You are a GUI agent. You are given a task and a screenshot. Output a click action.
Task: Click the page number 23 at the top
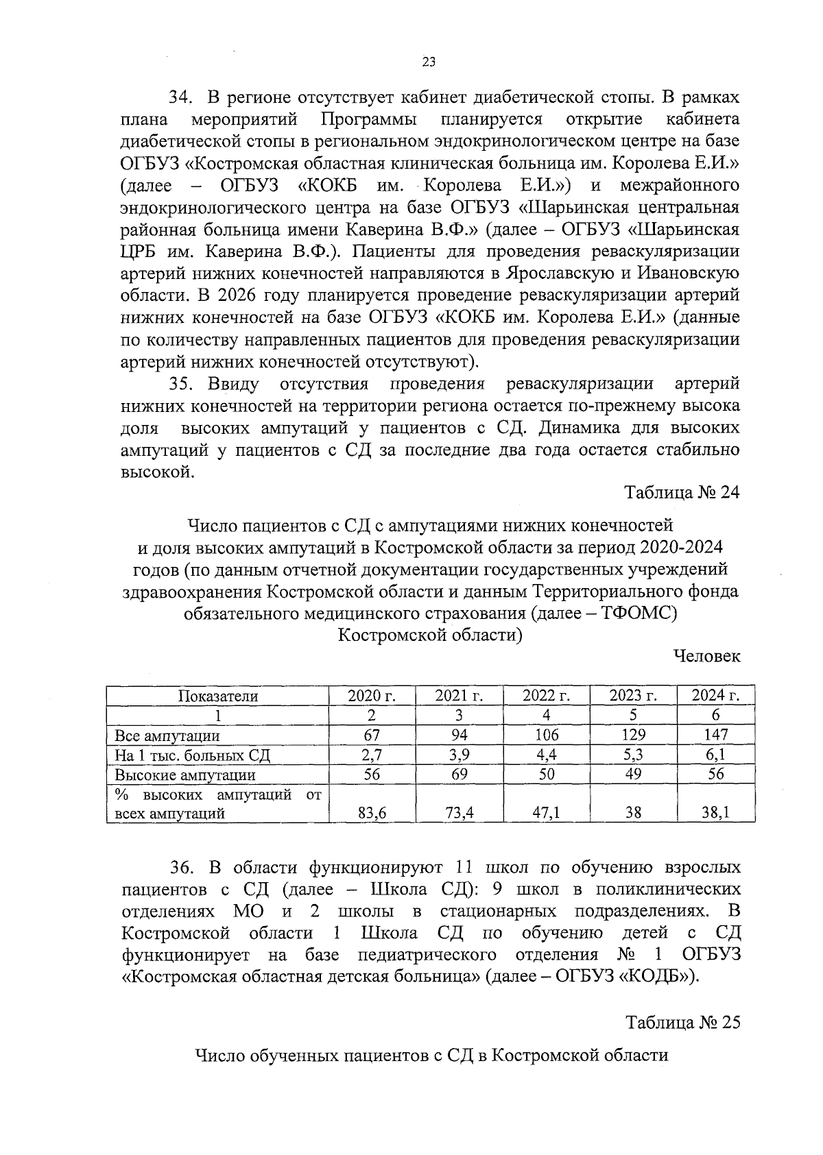(x=429, y=62)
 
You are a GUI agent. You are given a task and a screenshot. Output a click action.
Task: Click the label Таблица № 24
(x=682, y=493)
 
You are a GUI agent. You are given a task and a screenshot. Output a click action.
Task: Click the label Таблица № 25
(x=682, y=1022)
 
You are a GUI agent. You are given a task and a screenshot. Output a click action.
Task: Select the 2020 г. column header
(x=372, y=696)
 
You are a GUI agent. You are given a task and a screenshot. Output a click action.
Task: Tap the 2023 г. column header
(x=633, y=696)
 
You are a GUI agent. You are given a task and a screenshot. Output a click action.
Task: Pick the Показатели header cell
(x=218, y=696)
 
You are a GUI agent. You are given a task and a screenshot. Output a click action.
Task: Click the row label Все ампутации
(x=167, y=736)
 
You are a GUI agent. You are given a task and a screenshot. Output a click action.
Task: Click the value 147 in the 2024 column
(x=715, y=735)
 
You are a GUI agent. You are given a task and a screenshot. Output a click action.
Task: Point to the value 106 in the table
(x=546, y=735)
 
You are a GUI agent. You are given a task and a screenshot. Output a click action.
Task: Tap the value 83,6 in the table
(x=372, y=813)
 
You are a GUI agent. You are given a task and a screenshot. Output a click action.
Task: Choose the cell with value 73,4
(x=459, y=813)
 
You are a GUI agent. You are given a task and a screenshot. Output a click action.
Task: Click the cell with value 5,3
(x=633, y=755)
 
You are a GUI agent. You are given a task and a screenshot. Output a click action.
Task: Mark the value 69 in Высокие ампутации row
(x=459, y=774)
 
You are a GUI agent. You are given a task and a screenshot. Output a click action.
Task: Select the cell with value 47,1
(x=546, y=813)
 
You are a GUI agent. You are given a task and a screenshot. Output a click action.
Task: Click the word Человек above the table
(x=707, y=656)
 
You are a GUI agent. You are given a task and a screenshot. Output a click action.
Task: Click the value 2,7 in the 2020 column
(x=372, y=755)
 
